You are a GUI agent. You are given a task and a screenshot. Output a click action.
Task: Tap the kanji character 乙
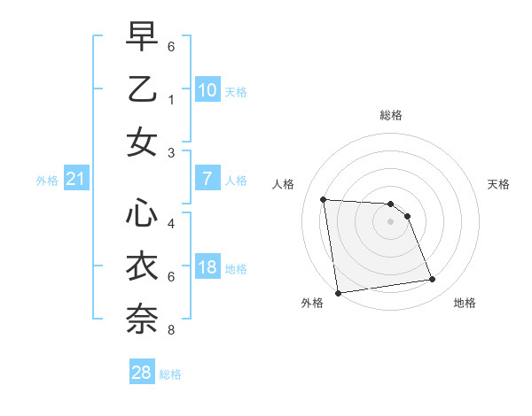(142, 89)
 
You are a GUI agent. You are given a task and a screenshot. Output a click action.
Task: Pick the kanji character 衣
(142, 266)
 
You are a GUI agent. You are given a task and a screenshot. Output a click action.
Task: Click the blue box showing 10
(207, 90)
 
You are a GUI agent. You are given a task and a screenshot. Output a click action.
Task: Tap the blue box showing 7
(207, 179)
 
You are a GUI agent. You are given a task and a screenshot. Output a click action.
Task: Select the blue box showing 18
(207, 267)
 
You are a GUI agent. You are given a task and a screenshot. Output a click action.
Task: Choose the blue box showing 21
(76, 180)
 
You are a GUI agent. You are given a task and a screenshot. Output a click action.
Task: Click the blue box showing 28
(142, 373)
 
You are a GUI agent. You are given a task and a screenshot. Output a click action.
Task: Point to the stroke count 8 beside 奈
(171, 330)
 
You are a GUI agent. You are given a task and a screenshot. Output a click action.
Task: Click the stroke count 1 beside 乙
(171, 100)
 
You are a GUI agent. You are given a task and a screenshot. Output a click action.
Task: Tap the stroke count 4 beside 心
(171, 224)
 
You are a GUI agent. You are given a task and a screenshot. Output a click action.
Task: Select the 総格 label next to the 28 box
(170, 374)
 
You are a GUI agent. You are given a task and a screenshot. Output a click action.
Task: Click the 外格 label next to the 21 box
(47, 181)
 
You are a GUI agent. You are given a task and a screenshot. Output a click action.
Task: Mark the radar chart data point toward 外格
(338, 292)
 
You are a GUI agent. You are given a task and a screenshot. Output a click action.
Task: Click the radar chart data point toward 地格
(433, 280)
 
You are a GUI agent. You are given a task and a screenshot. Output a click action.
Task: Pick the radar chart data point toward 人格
(323, 199)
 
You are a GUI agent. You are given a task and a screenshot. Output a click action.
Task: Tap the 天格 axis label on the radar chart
(499, 184)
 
